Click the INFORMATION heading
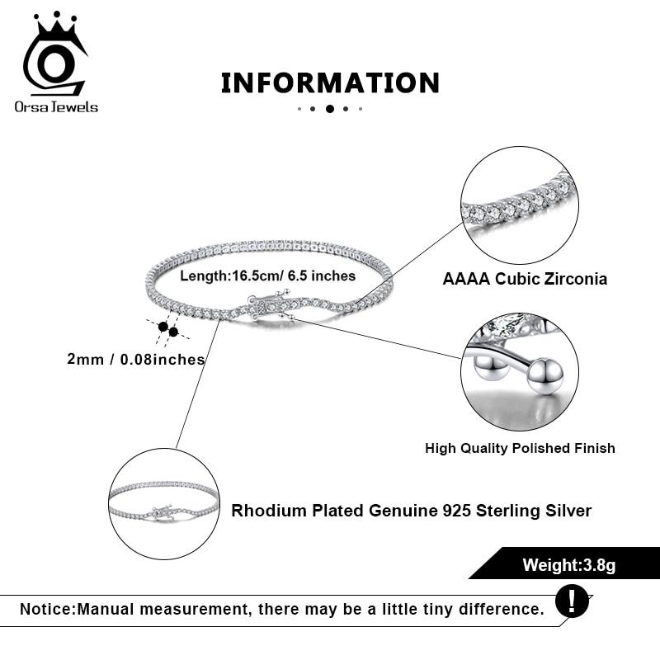(x=330, y=82)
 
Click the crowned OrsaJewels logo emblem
(x=54, y=56)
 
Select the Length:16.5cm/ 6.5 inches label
(x=268, y=276)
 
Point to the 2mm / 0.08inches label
(x=136, y=359)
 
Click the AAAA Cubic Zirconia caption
(x=525, y=279)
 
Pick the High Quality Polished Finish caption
(x=520, y=448)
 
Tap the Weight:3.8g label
(x=569, y=565)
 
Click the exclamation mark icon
(x=572, y=601)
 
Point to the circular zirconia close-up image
(x=519, y=205)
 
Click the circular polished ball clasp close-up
(x=519, y=371)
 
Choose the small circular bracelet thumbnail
(x=164, y=503)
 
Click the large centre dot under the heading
(x=330, y=108)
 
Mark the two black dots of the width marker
(x=168, y=330)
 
